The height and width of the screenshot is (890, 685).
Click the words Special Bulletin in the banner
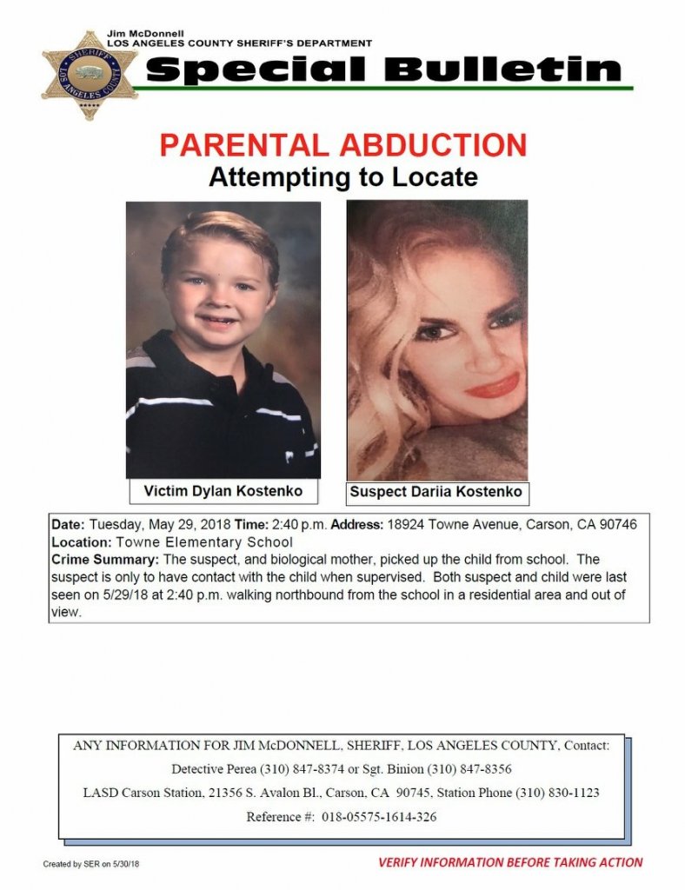383,70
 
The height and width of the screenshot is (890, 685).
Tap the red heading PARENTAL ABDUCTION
343,145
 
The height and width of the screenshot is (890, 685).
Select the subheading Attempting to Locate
343,177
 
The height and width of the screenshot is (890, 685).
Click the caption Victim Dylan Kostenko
223,491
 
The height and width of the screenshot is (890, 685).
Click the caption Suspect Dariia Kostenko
436,492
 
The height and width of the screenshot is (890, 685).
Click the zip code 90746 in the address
616,526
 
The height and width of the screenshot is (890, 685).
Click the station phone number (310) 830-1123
557,793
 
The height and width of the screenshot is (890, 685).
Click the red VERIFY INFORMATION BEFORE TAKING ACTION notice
509,863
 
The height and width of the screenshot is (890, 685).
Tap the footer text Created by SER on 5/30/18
92,864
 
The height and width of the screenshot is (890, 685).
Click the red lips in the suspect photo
492,384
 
